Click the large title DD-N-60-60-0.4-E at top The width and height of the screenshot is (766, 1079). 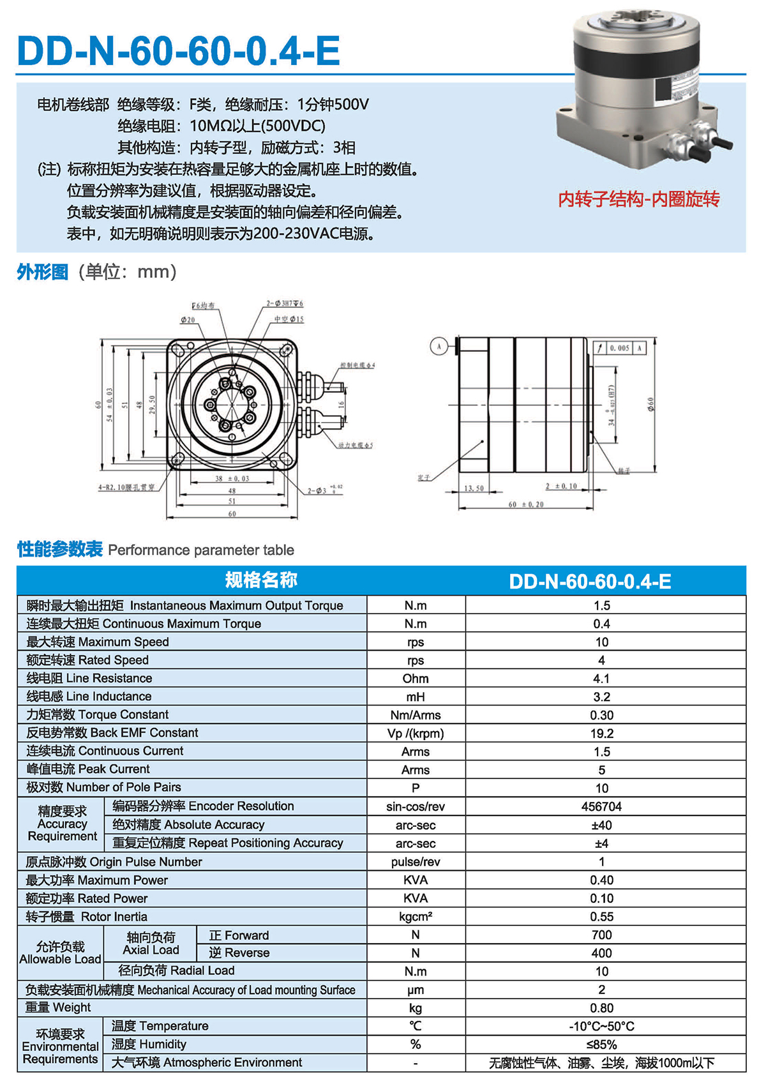[x=178, y=51]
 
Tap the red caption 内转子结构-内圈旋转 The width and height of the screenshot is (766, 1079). [x=638, y=200]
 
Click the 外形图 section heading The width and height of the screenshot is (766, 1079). [x=42, y=272]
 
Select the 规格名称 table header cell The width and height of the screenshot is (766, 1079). [x=261, y=580]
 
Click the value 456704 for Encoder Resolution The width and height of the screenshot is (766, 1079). [x=601, y=806]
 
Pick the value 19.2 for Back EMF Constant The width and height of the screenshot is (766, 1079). [x=601, y=734]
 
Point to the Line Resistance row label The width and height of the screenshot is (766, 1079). [x=89, y=678]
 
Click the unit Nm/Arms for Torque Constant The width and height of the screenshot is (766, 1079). [x=416, y=715]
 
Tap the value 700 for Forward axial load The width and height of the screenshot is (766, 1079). [x=601, y=935]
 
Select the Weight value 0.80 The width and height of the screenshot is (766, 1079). [x=601, y=1008]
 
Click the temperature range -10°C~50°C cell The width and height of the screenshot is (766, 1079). [x=601, y=1026]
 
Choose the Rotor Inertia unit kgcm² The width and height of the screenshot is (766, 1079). [x=416, y=917]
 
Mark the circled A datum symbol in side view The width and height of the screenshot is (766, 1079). [x=439, y=347]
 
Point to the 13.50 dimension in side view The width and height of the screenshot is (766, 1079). [x=474, y=488]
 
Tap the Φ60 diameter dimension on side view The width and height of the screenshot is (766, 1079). [x=651, y=404]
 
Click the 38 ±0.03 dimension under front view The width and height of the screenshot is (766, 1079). [x=232, y=478]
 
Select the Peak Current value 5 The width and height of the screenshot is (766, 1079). [x=601, y=770]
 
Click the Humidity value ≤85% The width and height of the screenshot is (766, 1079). [x=601, y=1045]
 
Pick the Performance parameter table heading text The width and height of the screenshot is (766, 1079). [x=201, y=550]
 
